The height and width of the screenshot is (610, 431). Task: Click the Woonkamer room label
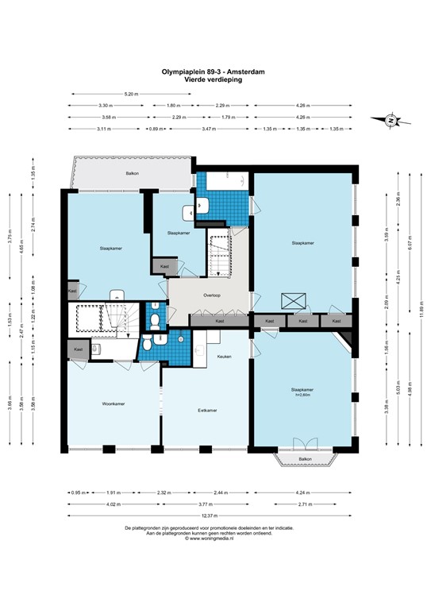pyautogui.click(x=114, y=403)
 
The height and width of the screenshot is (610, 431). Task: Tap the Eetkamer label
pyautogui.click(x=208, y=411)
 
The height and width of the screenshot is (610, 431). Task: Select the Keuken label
pyautogui.click(x=225, y=357)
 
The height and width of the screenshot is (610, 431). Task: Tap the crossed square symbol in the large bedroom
pyautogui.click(x=293, y=300)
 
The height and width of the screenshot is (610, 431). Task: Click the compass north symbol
pyautogui.click(x=391, y=121)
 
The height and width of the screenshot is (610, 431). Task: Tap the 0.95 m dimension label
pyautogui.click(x=76, y=492)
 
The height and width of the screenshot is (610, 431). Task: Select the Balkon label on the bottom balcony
pyautogui.click(x=306, y=460)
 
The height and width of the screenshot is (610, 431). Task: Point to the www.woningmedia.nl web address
pyautogui.click(x=215, y=538)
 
